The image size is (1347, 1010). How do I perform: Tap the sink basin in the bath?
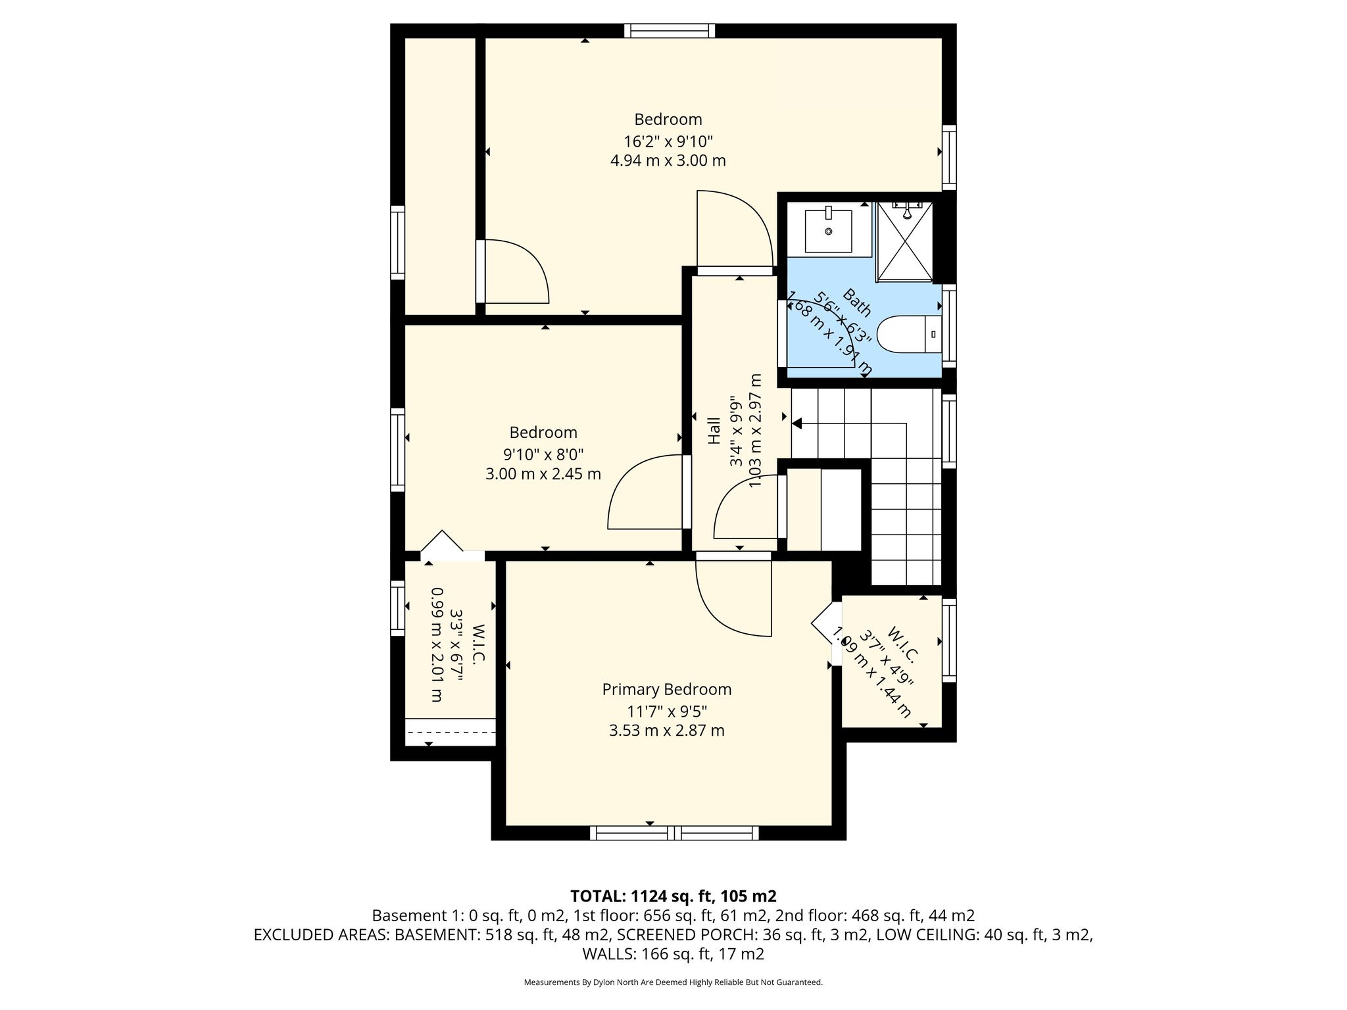(828, 231)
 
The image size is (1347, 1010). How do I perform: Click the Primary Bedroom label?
(667, 689)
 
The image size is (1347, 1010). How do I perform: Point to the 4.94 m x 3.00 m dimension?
(668, 160)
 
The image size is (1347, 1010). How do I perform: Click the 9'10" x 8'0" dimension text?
(543, 454)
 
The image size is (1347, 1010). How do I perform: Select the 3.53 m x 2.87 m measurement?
(667, 731)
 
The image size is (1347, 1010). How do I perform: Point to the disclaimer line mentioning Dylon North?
(673, 982)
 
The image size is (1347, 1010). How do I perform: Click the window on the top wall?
(670, 31)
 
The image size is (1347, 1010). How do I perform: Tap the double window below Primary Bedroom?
(674, 833)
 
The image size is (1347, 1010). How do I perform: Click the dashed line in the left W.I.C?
(451, 733)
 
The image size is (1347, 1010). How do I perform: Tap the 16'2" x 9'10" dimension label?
(668, 141)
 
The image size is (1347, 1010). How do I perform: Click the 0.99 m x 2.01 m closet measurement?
(436, 644)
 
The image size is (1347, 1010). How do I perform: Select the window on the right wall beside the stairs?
(949, 431)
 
